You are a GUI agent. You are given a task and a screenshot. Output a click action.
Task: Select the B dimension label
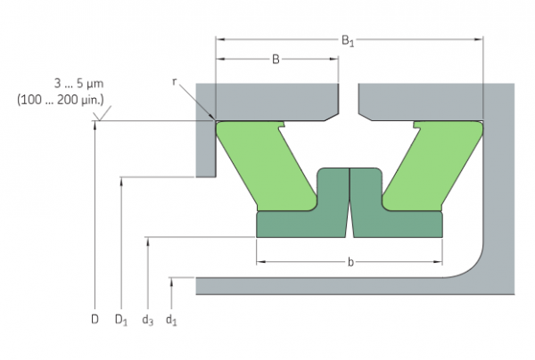[x=276, y=60]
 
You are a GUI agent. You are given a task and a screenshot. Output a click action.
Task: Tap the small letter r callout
[x=175, y=81]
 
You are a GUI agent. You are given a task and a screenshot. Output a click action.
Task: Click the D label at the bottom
[x=94, y=316]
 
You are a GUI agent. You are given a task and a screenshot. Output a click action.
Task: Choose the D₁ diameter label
[x=120, y=317]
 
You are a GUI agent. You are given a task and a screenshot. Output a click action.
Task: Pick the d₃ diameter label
[x=147, y=317]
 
